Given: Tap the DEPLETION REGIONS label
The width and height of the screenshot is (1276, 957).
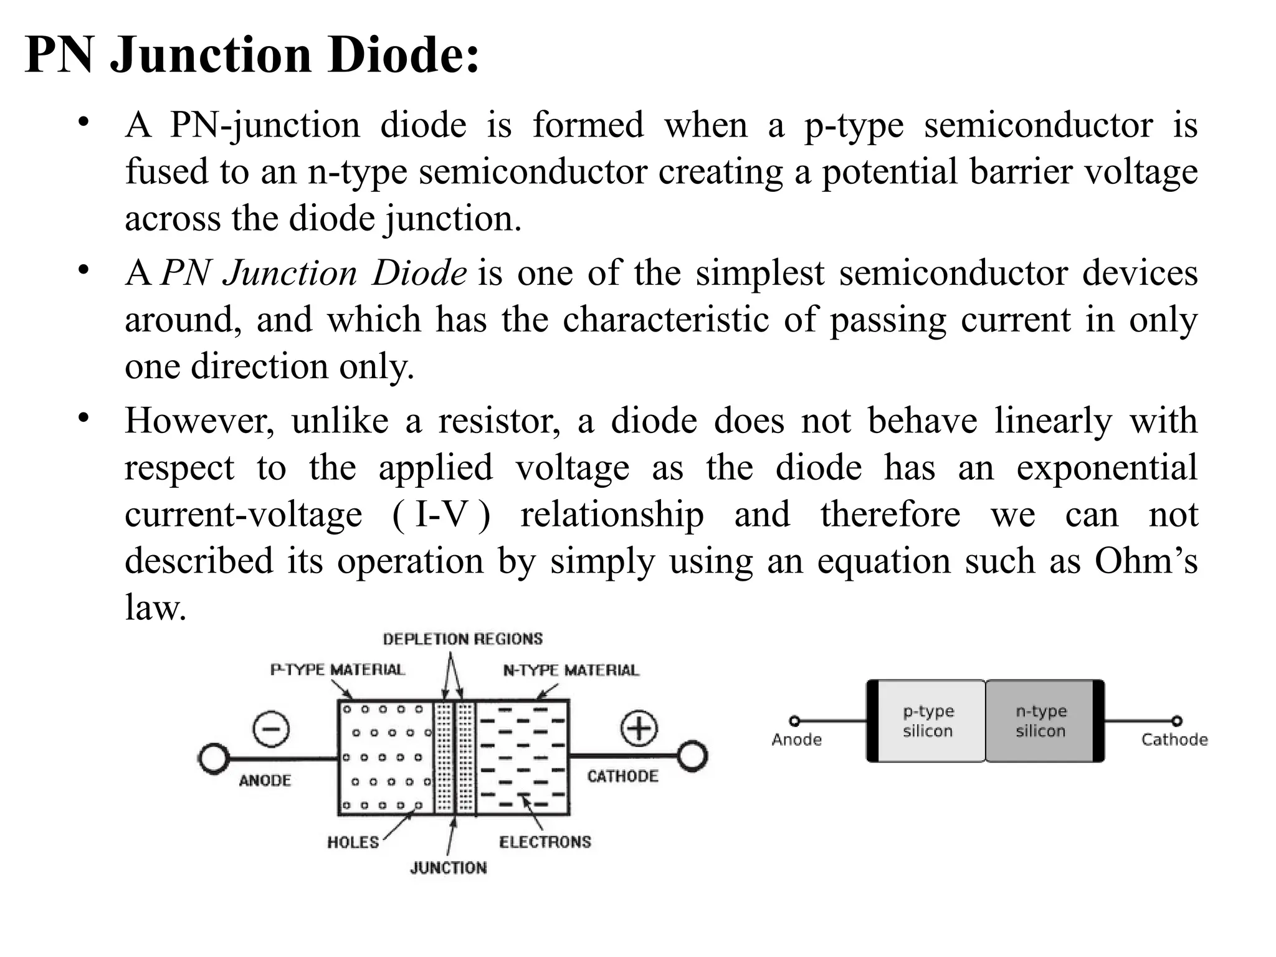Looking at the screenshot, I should coord(462,639).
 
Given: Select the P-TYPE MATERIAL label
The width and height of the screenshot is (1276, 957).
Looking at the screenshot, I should coord(337,670).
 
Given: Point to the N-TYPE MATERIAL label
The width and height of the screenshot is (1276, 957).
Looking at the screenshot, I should coord(571,670).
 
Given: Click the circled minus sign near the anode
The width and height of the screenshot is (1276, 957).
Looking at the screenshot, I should coord(272,729).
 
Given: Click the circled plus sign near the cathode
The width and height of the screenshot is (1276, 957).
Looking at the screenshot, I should coord(639,728).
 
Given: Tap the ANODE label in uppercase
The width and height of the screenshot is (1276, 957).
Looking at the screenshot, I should coord(265,781).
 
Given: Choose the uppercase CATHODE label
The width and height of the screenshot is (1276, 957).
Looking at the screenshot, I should coord(622,776).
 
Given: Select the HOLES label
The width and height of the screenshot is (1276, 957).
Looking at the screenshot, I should coord(353,842).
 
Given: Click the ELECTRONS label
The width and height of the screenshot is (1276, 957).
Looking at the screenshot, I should coord(545,842).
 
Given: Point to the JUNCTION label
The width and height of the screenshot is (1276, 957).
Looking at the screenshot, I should coord(448,868).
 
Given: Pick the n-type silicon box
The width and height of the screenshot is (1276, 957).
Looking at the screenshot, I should coord(1040,721).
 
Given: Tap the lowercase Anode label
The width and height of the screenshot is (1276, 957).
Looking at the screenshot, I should coord(796,740).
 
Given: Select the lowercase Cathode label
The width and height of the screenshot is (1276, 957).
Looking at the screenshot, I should coord(1174,740).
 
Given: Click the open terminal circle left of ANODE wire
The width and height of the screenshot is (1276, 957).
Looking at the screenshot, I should coord(213,759).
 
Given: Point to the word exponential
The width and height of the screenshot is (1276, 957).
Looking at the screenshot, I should coord(1107,468).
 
